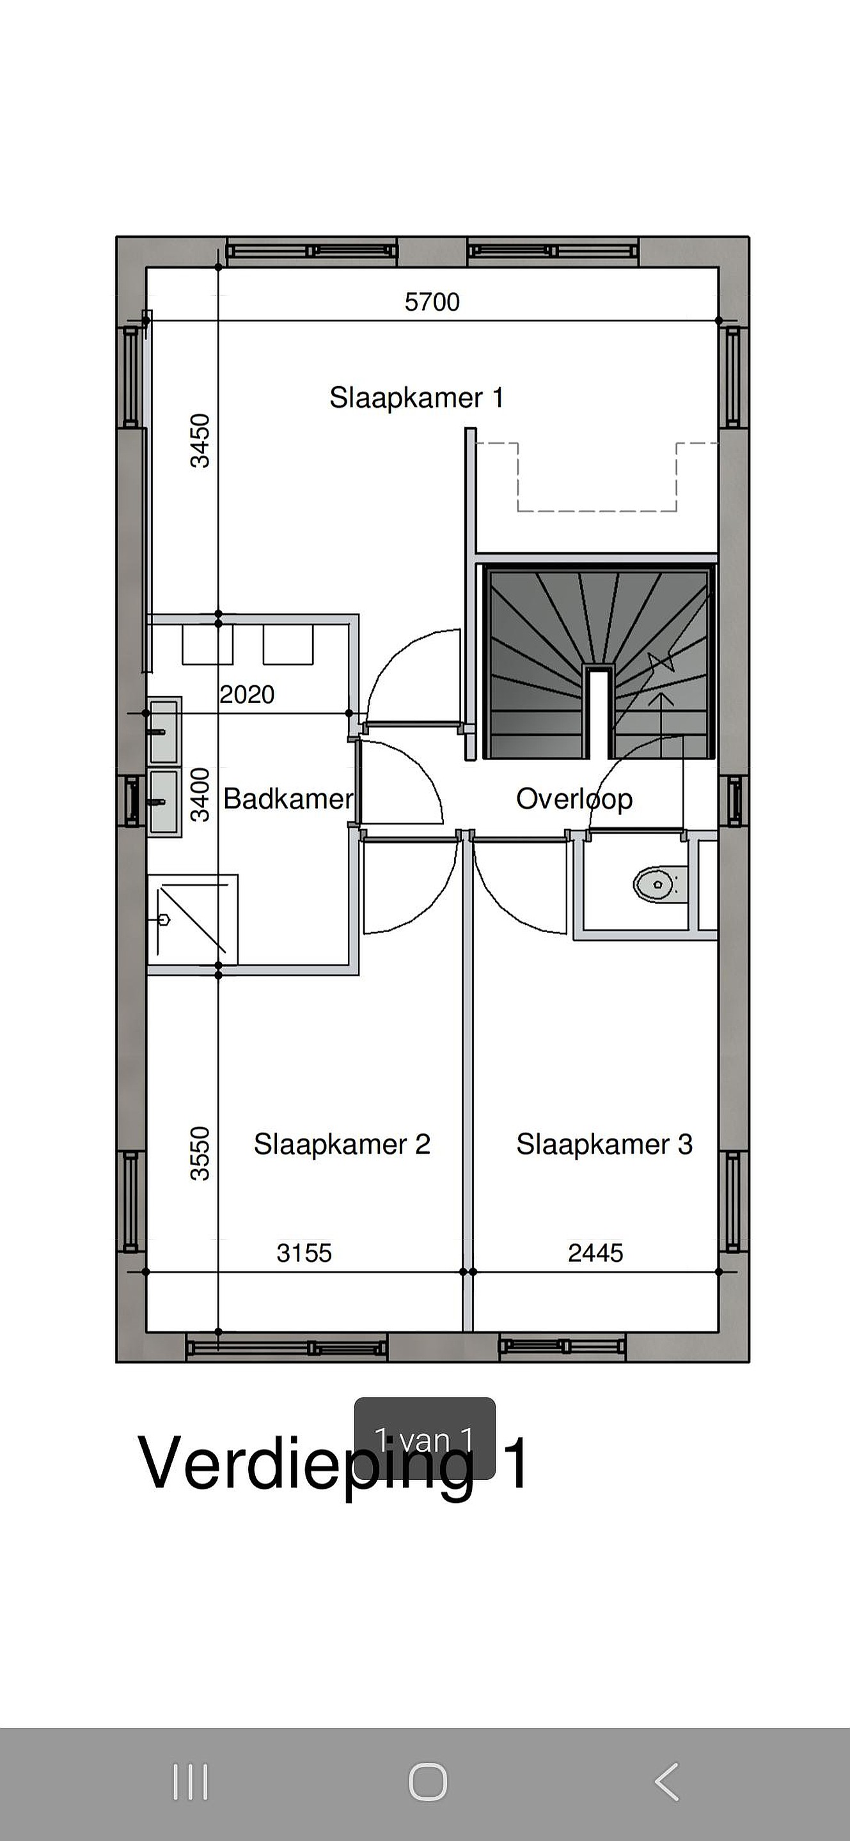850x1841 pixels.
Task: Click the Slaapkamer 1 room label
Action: click(417, 398)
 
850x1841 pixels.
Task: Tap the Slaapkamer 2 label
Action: click(342, 1144)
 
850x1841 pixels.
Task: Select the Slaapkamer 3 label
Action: click(604, 1144)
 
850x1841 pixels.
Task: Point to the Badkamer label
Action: click(288, 798)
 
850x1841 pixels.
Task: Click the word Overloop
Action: click(574, 799)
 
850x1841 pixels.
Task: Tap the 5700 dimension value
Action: click(432, 302)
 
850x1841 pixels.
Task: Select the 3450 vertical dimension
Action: click(200, 440)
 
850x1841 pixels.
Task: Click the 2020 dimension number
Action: click(247, 694)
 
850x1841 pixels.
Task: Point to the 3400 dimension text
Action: click(200, 794)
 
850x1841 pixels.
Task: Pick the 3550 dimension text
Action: click(200, 1153)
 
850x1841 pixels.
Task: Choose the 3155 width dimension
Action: click(304, 1253)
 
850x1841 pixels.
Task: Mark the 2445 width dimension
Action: click(595, 1253)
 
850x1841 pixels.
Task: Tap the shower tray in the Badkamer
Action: click(193, 919)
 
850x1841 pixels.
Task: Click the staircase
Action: click(599, 660)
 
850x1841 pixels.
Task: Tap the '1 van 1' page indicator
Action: click(425, 1439)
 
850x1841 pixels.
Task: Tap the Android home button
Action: click(427, 1782)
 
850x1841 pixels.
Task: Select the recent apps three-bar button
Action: click(190, 1782)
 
